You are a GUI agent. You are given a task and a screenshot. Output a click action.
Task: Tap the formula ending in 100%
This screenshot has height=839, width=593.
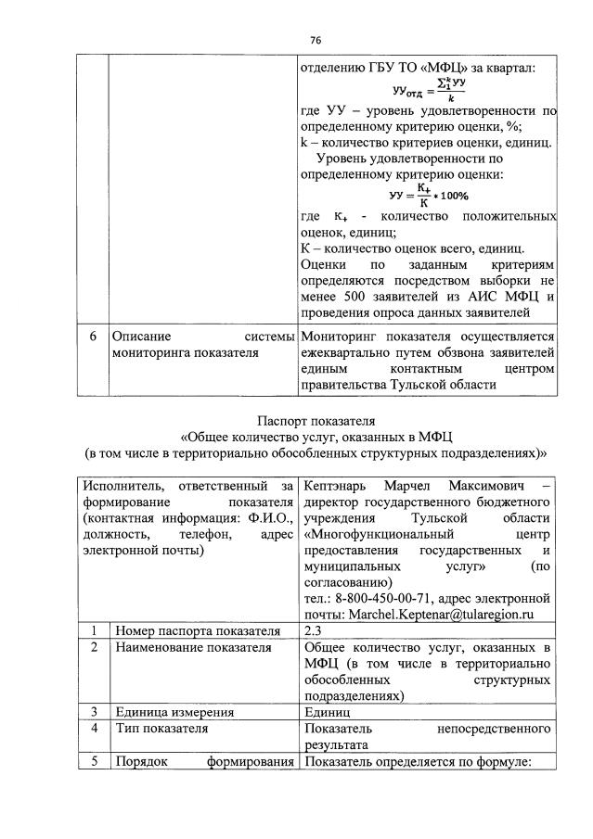coord(428,196)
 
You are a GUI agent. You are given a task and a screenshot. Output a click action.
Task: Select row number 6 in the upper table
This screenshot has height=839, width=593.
coord(90,337)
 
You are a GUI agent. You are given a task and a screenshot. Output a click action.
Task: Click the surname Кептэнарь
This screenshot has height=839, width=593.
coord(337,487)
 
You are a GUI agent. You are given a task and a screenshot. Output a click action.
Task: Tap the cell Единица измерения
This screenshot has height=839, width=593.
coord(174,712)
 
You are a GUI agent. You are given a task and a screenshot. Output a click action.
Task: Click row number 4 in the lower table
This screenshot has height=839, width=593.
coord(94,729)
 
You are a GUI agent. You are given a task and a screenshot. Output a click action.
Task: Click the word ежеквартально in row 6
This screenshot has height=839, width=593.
coord(345,353)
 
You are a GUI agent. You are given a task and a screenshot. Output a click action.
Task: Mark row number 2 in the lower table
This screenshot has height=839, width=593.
coord(94,647)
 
